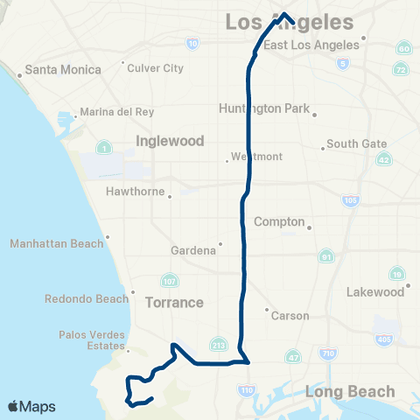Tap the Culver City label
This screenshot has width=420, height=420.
click(157, 67)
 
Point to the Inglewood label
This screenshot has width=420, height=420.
click(170, 140)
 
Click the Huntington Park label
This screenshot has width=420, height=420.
click(263, 108)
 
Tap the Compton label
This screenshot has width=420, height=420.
click(279, 222)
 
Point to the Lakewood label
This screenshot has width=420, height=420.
click(378, 291)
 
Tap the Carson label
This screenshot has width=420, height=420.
click(290, 315)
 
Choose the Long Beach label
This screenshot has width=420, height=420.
click(340, 391)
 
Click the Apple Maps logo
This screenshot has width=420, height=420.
click(31, 406)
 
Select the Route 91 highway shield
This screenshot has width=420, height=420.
click(326, 257)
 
